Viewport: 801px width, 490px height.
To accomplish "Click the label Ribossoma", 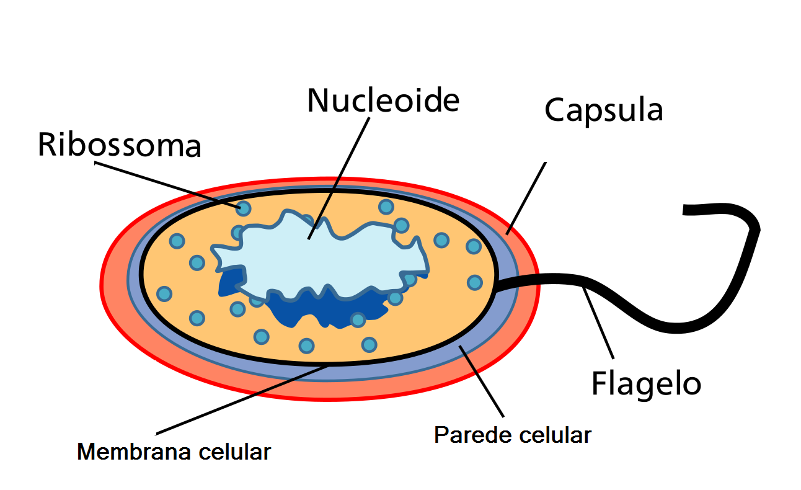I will (120, 145).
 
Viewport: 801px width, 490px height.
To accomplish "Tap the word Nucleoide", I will (383, 100).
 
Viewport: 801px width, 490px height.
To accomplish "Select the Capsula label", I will (603, 110).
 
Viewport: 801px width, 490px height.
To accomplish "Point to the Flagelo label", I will (646, 383).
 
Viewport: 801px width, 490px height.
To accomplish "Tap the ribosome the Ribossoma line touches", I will (244, 208).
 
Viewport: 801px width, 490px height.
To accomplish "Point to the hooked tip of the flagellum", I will (688, 210).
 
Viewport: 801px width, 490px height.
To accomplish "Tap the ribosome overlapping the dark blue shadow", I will (358, 319).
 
